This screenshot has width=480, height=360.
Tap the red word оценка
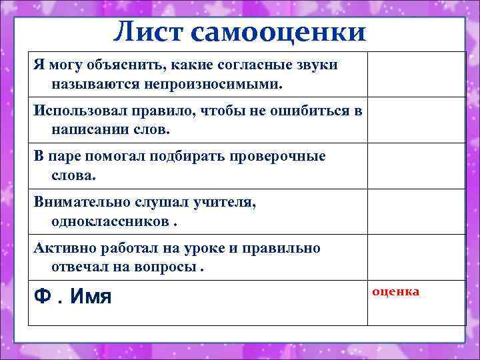pos(396,292)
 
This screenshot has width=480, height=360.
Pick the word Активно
pos(64,249)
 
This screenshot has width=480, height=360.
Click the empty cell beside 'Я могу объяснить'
pos(417,74)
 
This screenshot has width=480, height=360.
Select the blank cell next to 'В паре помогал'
pos(417,166)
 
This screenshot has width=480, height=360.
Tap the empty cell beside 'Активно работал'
pos(417,257)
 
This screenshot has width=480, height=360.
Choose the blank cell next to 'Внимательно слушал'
pos(417,211)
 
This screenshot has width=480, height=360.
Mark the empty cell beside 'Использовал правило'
pos(417,120)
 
